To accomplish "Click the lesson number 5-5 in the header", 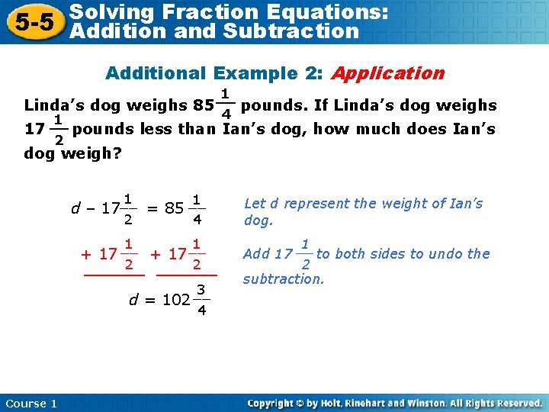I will pos(31,21).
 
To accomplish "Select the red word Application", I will pos(388,73).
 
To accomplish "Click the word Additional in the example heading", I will pos(157,73).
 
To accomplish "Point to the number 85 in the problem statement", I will pos(204,105).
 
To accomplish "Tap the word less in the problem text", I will pos(156,129).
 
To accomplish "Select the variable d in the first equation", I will pos(75,208).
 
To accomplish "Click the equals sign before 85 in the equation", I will pos(152,208).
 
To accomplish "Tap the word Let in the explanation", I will pos(255,204).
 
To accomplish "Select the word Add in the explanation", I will pos(257,254).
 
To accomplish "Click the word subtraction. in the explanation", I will pos(284,279).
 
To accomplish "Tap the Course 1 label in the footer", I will pos(31,404).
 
